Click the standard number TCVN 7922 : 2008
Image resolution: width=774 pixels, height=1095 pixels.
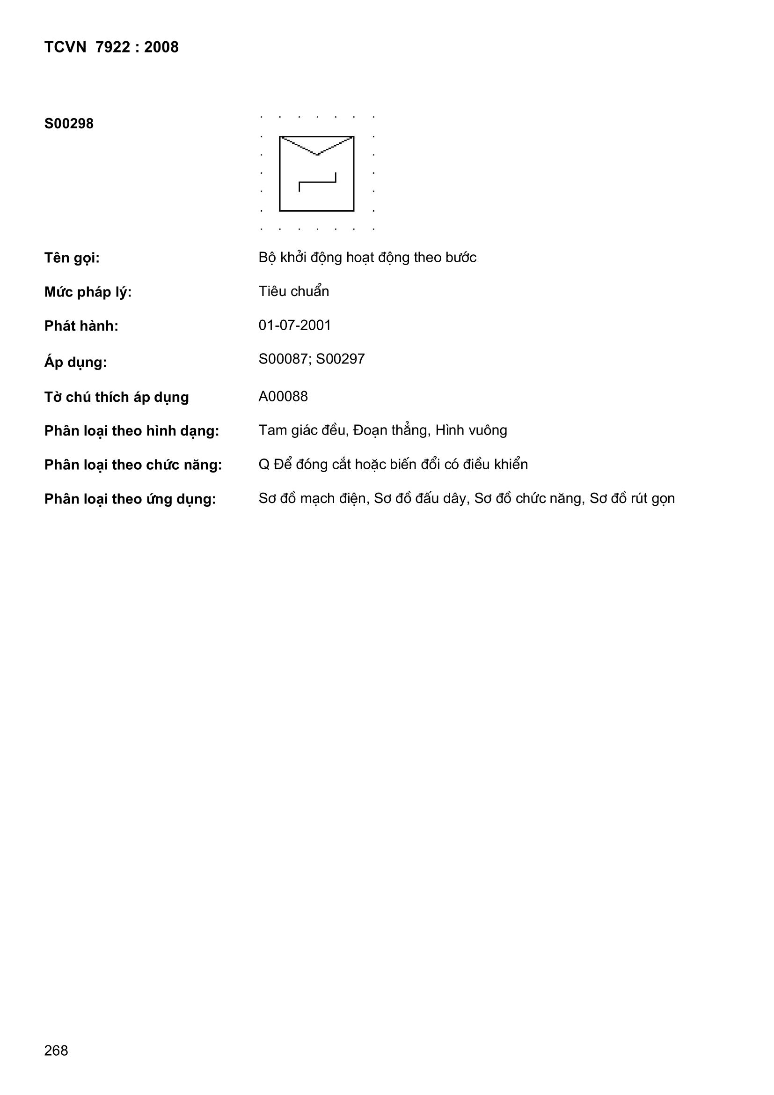(x=111, y=47)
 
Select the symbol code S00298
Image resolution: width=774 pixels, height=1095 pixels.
(x=69, y=124)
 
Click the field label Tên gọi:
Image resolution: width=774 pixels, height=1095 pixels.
(x=72, y=258)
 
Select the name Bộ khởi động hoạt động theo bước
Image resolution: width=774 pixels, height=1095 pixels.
(x=367, y=258)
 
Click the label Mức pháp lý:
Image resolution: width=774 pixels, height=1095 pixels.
(x=88, y=292)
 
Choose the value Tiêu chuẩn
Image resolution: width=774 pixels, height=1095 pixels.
(x=293, y=291)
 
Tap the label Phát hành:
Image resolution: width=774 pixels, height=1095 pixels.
(x=81, y=326)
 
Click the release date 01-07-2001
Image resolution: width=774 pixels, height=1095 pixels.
(x=294, y=325)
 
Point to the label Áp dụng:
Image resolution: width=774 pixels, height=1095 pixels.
(x=75, y=363)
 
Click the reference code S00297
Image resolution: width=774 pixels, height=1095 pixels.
(x=340, y=359)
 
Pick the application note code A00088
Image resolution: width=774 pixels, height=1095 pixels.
(x=283, y=397)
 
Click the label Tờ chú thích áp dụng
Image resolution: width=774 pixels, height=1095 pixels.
(x=117, y=397)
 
